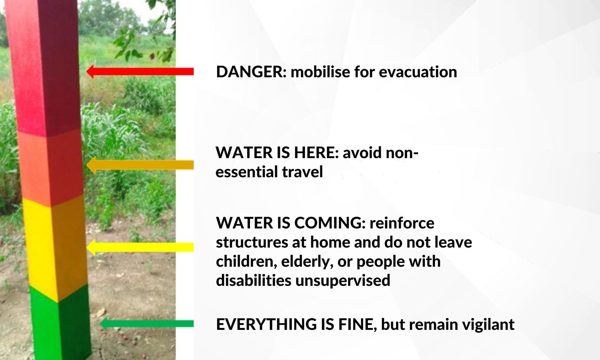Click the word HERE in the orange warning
pos(316,153)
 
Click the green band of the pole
pos(59,324)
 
